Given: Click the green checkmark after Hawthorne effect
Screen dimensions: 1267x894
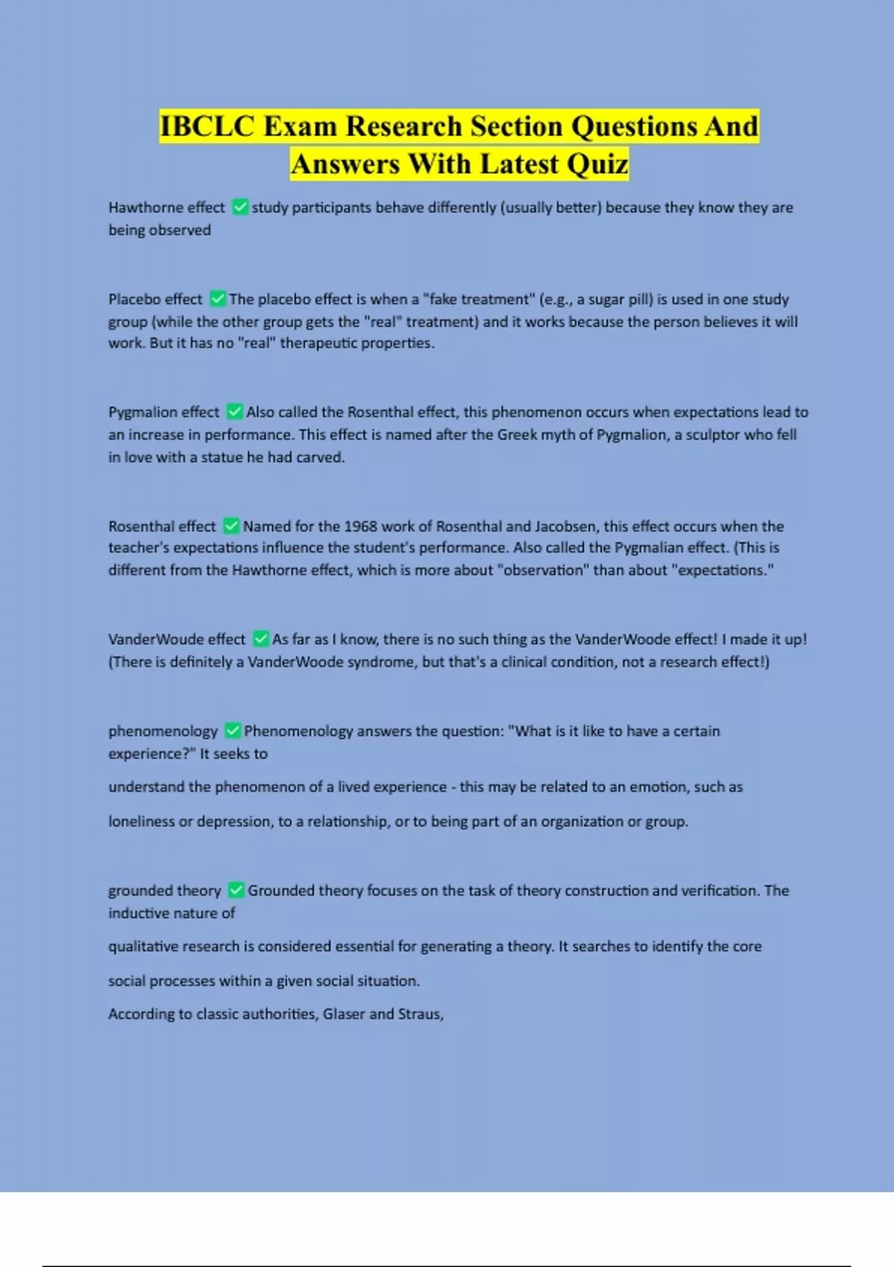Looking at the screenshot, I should click(x=240, y=207).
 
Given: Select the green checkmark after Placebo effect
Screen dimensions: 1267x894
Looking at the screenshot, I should click(x=218, y=299).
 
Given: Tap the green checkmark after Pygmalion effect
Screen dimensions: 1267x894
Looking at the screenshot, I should click(x=235, y=411).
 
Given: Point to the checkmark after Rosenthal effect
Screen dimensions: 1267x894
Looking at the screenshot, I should click(x=231, y=526).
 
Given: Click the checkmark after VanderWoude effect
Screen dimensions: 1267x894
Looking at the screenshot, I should click(x=261, y=639).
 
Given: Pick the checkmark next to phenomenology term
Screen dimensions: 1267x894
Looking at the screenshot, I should click(x=232, y=730).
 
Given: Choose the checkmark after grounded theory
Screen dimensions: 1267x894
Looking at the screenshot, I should click(x=236, y=890).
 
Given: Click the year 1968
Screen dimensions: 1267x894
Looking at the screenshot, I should click(x=361, y=526).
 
